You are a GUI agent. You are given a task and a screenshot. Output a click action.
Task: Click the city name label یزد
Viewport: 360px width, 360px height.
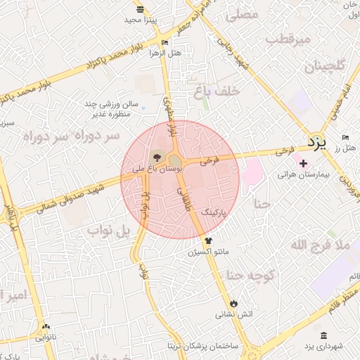coord(318,143)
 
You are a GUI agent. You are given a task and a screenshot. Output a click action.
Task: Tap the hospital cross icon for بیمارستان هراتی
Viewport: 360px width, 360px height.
coord(303,164)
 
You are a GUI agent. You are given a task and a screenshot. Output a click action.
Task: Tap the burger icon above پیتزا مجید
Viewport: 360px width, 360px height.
coord(141,9)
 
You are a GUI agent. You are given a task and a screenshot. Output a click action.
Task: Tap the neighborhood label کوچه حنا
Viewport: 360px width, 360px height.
coord(268,276)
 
